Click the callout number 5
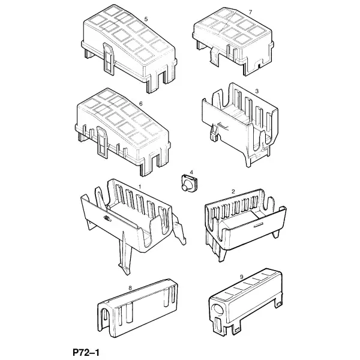146,19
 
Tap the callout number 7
250,12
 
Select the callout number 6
141,104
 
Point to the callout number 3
257,91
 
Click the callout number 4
191,172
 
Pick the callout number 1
140,187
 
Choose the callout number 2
233,191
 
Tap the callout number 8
130,288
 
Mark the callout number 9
241,277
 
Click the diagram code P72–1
86,352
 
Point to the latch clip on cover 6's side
102,142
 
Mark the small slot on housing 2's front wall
258,225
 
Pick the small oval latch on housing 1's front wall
107,218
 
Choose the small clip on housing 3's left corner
214,131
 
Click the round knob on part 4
185,187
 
